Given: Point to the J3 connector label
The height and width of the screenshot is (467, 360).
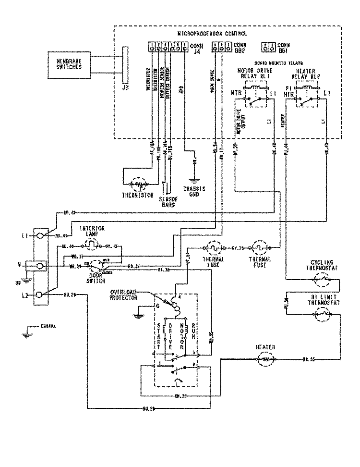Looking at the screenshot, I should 125,88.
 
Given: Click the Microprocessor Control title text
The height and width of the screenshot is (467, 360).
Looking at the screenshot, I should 212,34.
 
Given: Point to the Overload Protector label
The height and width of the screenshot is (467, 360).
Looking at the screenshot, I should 124,295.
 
